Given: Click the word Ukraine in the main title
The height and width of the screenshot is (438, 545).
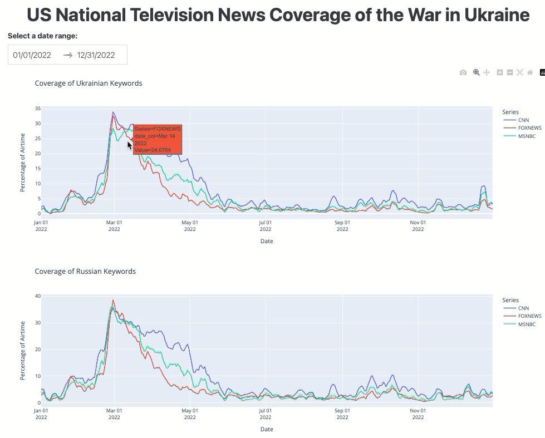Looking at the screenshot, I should [x=492, y=15].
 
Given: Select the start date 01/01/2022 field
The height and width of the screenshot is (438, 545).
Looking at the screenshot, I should [x=32, y=55].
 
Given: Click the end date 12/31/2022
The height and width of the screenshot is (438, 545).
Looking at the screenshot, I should [x=96, y=55].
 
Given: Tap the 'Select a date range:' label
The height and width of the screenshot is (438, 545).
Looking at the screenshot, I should [x=42, y=36].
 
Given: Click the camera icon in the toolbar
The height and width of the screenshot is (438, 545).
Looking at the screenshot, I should [x=463, y=72].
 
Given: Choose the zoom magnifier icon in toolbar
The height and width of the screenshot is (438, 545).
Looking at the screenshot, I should [x=477, y=72].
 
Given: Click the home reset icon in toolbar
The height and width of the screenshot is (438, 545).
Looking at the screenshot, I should [x=530, y=72].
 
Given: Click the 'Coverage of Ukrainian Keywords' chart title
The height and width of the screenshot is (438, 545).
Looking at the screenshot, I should [x=89, y=83].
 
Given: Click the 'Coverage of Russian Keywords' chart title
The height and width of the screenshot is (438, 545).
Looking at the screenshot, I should [x=85, y=271].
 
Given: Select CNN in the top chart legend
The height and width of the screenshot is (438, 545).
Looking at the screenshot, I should [x=523, y=120].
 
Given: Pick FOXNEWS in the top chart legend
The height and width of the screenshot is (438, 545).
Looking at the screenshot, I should [x=529, y=128].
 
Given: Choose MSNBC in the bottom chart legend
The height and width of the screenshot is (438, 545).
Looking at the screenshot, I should [x=527, y=324].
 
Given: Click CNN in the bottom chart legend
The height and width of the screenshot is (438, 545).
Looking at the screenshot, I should [x=523, y=308].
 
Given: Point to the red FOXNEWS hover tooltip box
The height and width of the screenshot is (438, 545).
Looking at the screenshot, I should [x=158, y=139].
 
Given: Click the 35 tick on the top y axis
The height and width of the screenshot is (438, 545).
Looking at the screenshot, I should [x=37, y=109].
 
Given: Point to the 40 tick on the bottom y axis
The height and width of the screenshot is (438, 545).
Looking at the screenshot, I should [x=37, y=296].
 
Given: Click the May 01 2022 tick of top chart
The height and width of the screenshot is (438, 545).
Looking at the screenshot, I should [x=190, y=225].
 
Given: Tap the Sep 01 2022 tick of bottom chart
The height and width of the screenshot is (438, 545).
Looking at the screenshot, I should [x=342, y=414].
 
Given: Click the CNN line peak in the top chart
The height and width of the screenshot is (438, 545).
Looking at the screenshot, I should [x=113, y=112].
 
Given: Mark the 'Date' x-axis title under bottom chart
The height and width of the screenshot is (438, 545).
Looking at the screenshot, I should [x=267, y=429].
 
